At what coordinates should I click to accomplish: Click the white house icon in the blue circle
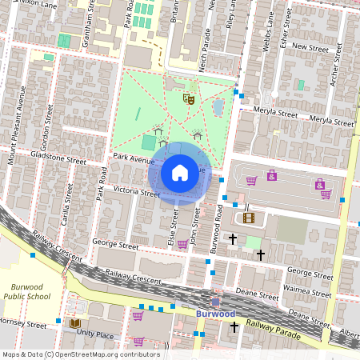tap(180, 173)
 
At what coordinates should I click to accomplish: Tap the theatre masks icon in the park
tap(190, 98)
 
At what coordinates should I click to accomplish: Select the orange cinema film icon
tap(249, 217)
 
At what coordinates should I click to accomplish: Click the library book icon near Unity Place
tap(76, 323)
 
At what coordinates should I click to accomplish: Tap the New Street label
tap(311, 48)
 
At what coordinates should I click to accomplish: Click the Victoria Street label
tap(138, 192)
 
